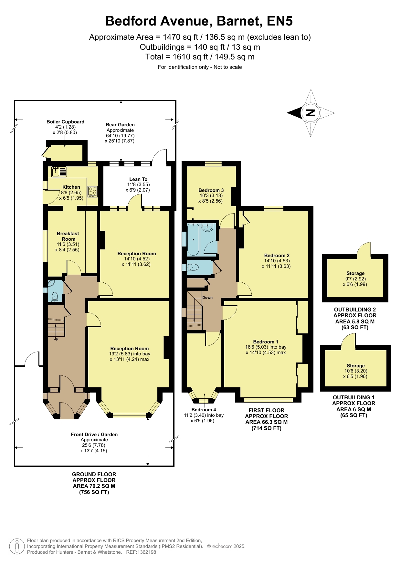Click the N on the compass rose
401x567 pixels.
(311, 113)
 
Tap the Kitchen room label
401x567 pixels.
(71, 187)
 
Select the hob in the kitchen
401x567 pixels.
(93, 192)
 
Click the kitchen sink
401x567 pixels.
(59, 172)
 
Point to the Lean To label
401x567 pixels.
(138, 179)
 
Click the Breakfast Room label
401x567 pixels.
(68, 236)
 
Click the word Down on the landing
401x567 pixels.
(207, 298)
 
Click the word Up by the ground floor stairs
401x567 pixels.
(56, 339)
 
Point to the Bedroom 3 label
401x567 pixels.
(211, 190)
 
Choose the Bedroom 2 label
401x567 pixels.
(277, 256)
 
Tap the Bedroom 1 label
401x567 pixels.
(266, 342)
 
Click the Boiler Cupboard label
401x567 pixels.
(65, 122)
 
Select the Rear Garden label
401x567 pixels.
(120, 125)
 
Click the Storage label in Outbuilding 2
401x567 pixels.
(355, 273)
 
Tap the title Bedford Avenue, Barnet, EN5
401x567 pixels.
(199, 21)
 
